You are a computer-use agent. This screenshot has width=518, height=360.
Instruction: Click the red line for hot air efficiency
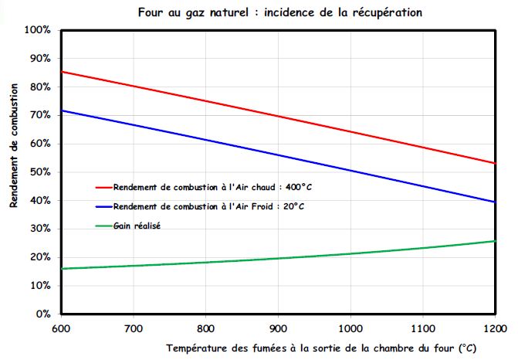278,117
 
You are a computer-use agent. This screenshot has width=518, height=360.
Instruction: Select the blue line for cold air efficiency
278,154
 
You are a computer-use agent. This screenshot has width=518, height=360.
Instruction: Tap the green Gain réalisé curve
278,258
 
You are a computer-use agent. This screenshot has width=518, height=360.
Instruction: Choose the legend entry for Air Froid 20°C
208,206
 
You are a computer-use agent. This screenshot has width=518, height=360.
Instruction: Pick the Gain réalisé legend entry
141,226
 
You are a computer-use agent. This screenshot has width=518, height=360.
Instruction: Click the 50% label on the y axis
39,172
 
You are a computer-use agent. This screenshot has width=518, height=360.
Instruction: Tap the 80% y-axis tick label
39,87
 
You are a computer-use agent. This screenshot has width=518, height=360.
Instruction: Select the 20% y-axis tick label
39,257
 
